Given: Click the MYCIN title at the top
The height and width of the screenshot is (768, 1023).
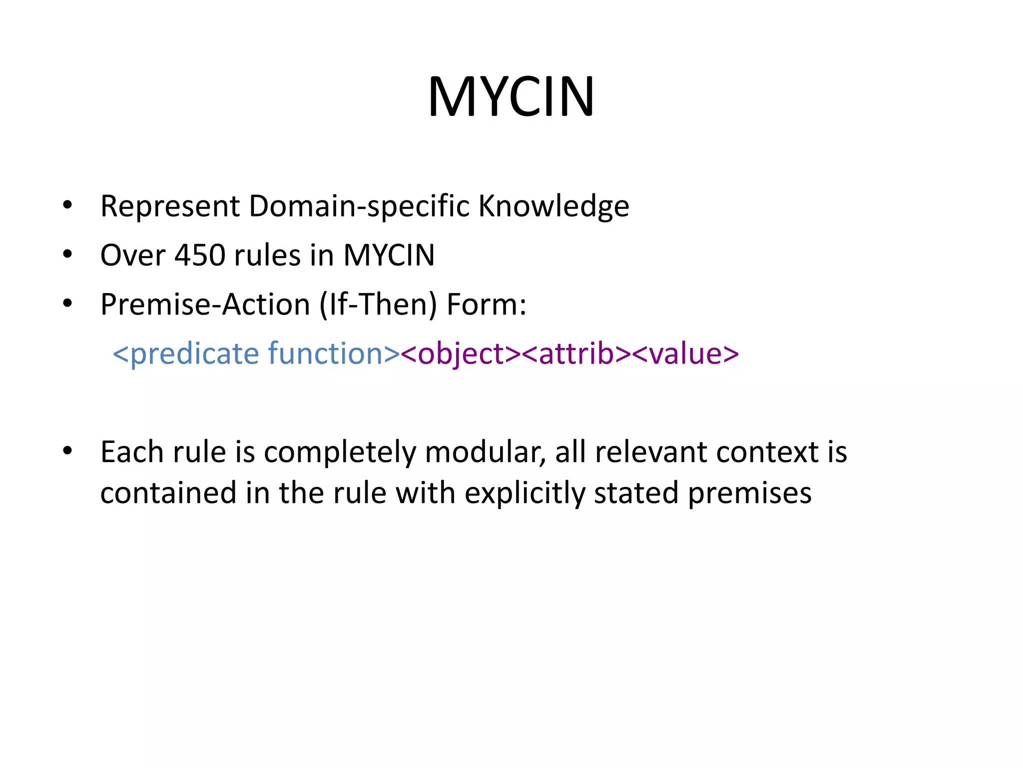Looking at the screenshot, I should (511, 96).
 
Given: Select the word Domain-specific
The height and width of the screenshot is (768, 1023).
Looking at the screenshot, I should (359, 206).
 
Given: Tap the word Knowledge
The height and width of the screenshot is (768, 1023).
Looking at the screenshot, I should (553, 206).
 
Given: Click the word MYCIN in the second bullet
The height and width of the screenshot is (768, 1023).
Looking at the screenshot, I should (389, 255).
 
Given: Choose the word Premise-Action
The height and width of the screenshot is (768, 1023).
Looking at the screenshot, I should (205, 304).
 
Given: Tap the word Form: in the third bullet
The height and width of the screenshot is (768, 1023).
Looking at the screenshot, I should (486, 304).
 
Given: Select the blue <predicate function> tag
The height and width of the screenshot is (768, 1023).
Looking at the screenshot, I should (256, 353).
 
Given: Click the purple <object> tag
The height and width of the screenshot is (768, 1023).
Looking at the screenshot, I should (461, 353).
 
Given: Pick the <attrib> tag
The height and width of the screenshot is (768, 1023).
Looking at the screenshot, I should (576, 353).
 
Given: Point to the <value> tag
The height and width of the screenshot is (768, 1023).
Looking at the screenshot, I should (685, 353).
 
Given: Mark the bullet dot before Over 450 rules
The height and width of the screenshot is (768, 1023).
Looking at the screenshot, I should (68, 254).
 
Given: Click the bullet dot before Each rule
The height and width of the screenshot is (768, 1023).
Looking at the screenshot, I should (68, 451).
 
